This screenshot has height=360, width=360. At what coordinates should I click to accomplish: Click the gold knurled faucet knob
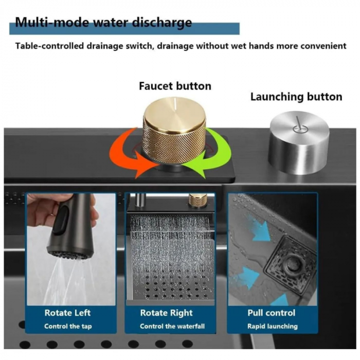click(174, 130)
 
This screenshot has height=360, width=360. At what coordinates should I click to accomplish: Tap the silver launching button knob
click(299, 143)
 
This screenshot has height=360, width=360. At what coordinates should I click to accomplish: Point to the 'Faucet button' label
click(175, 86)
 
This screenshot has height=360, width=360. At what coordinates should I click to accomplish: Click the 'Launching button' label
click(296, 97)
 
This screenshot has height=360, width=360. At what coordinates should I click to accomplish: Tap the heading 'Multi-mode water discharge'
click(103, 23)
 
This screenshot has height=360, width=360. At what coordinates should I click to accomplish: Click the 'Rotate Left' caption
click(67, 313)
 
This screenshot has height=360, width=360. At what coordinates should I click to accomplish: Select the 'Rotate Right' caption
click(167, 313)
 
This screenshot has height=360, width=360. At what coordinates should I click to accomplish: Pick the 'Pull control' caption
click(272, 313)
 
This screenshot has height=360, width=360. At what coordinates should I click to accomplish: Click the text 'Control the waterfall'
click(172, 326)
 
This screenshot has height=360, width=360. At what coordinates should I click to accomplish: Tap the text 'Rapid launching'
click(273, 327)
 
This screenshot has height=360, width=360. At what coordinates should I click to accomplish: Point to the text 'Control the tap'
click(68, 327)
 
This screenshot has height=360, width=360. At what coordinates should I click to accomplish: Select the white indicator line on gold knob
click(176, 103)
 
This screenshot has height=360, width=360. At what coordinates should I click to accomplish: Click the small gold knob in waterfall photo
click(197, 200)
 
